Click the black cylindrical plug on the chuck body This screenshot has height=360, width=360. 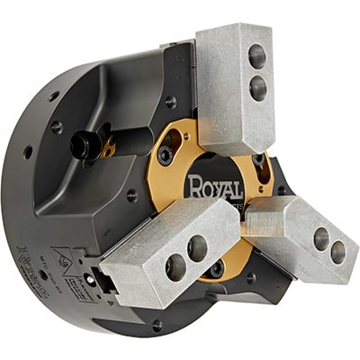tap(86, 146)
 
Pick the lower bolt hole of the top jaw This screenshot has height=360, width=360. tap(258, 87)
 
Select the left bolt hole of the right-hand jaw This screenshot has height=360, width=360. tap(320, 238)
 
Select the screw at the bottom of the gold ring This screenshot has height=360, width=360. tap(216, 268)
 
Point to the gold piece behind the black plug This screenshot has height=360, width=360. tap(108, 149)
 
